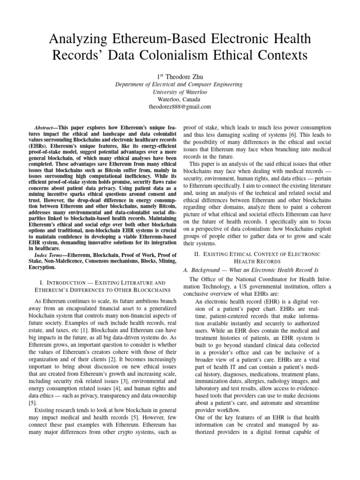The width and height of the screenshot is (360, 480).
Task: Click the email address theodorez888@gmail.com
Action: pyautogui.click(x=180, y=106)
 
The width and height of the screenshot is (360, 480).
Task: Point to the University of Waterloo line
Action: pyautogui.click(x=180, y=92)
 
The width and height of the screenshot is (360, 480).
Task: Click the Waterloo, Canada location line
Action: pyautogui.click(x=180, y=99)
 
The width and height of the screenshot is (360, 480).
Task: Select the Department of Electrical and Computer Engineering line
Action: pyautogui.click(x=180, y=84)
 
